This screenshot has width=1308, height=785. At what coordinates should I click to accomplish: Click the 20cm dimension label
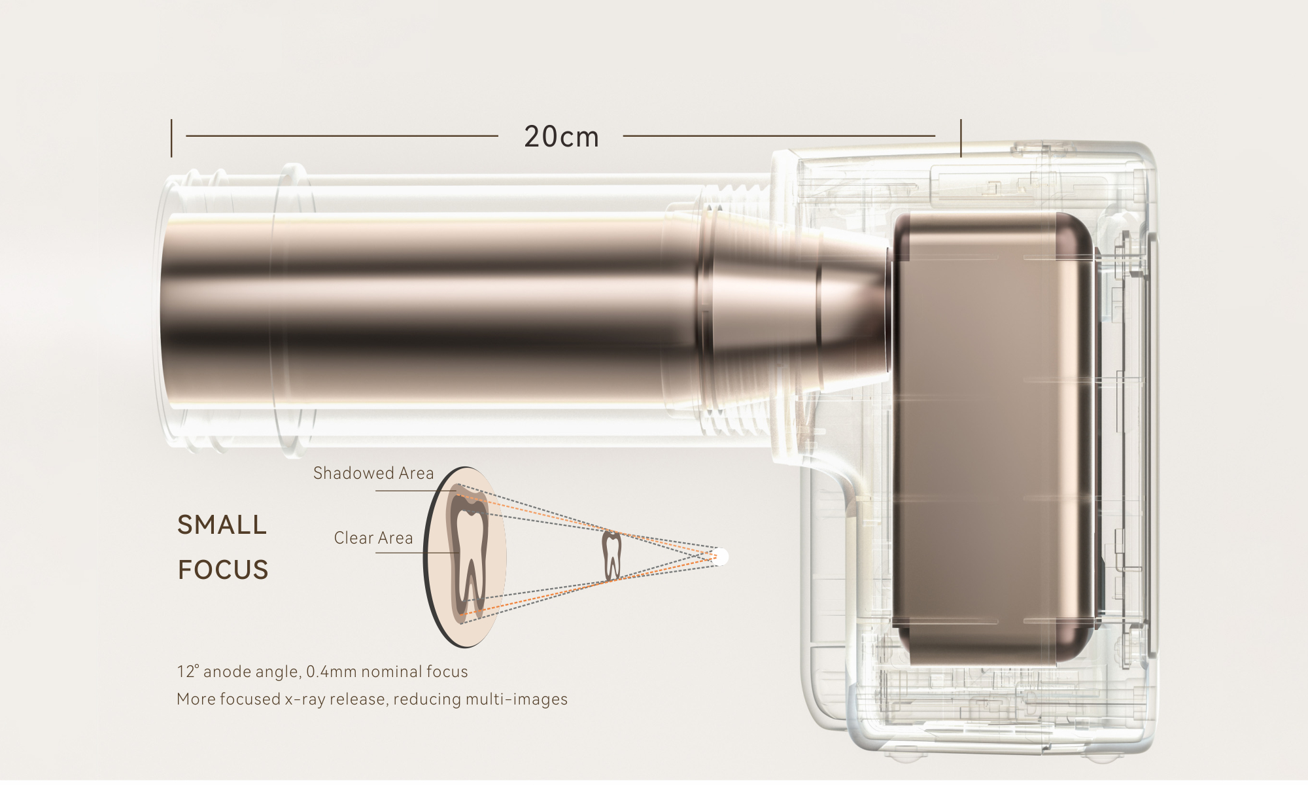(562, 137)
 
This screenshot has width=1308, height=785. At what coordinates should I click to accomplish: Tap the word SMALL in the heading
(222, 525)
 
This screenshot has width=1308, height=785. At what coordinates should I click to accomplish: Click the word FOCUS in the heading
(223, 570)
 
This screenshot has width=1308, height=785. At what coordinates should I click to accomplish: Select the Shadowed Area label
(373, 473)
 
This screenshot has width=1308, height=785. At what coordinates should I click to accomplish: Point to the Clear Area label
(373, 538)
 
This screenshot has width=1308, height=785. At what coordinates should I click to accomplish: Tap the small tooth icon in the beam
(611, 555)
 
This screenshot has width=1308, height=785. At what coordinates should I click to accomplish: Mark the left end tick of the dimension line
(171, 138)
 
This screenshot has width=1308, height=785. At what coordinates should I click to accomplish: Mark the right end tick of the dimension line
(961, 138)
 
